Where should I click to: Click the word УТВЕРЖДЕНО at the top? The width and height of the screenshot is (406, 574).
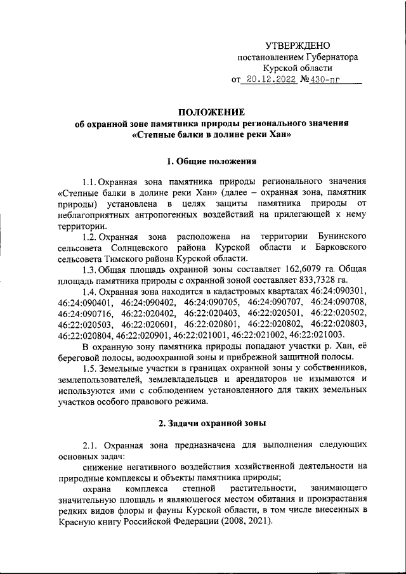click(x=297, y=45)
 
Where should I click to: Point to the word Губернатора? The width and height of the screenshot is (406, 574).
click(x=327, y=57)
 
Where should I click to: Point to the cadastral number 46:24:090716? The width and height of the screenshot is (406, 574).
click(x=85, y=314)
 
